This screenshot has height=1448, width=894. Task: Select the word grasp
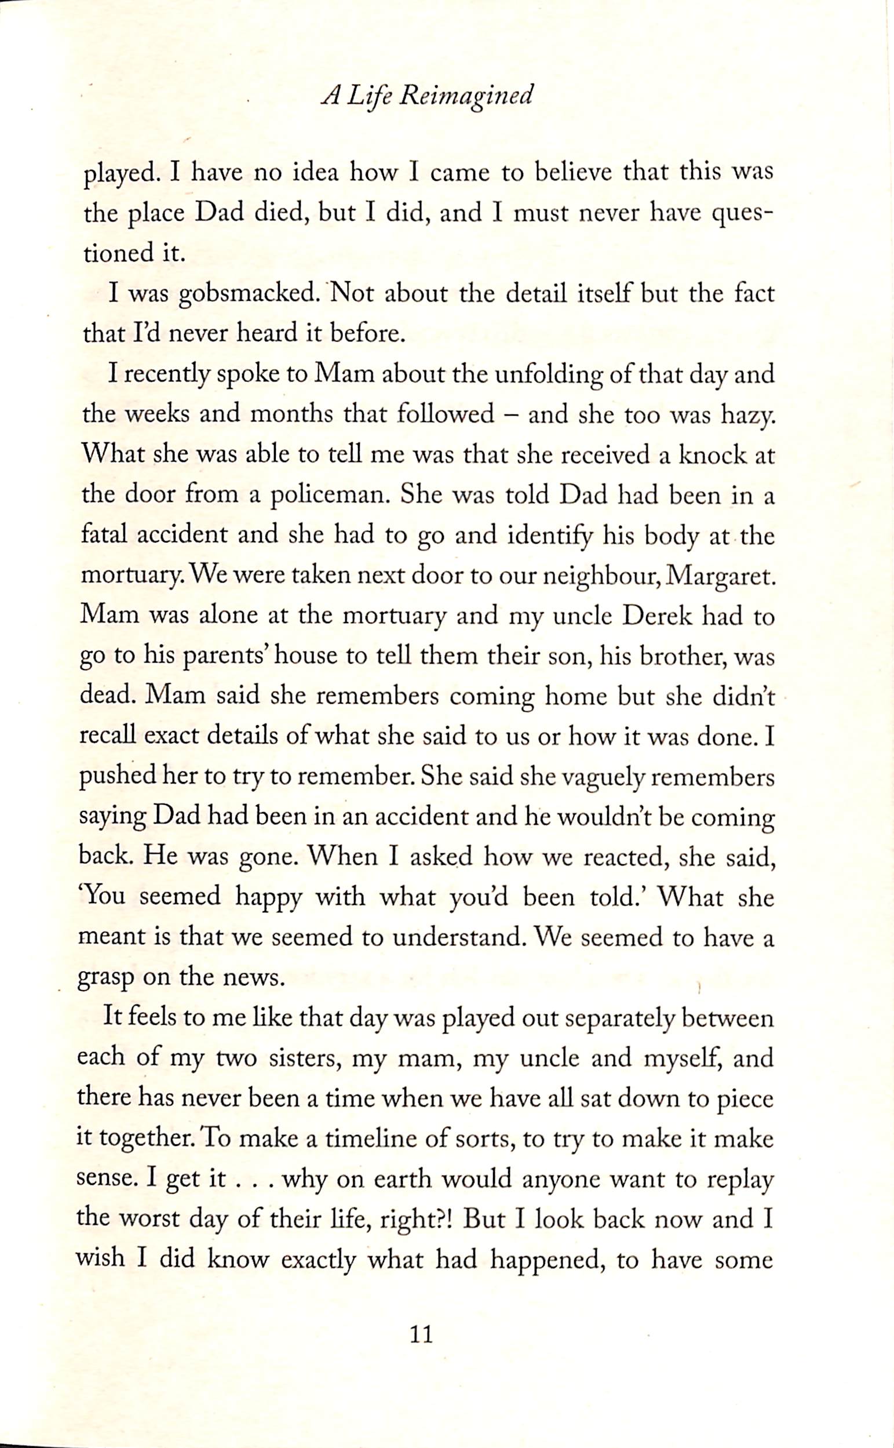[106, 981]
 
